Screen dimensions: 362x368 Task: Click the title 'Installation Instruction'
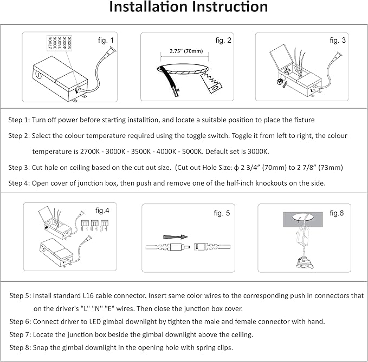click(189, 8)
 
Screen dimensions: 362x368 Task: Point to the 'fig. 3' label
click(339, 41)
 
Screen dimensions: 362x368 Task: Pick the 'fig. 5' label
click(222, 213)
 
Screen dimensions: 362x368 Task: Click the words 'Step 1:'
click(20, 120)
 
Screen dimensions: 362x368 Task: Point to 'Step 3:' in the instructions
click(20, 167)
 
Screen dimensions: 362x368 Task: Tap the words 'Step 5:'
click(21, 297)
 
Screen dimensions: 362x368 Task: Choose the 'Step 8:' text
click(21, 347)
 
